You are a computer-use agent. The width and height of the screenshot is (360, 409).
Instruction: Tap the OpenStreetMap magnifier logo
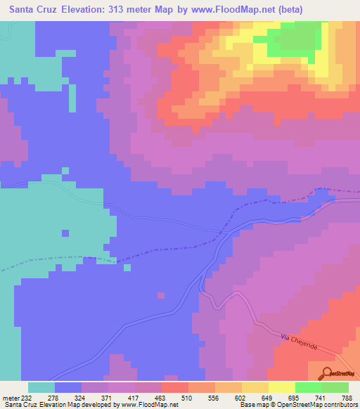(x=328, y=372)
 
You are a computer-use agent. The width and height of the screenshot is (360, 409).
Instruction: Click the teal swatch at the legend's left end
(x=41, y=387)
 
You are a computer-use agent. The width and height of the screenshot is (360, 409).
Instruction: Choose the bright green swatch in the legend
(x=308, y=387)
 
